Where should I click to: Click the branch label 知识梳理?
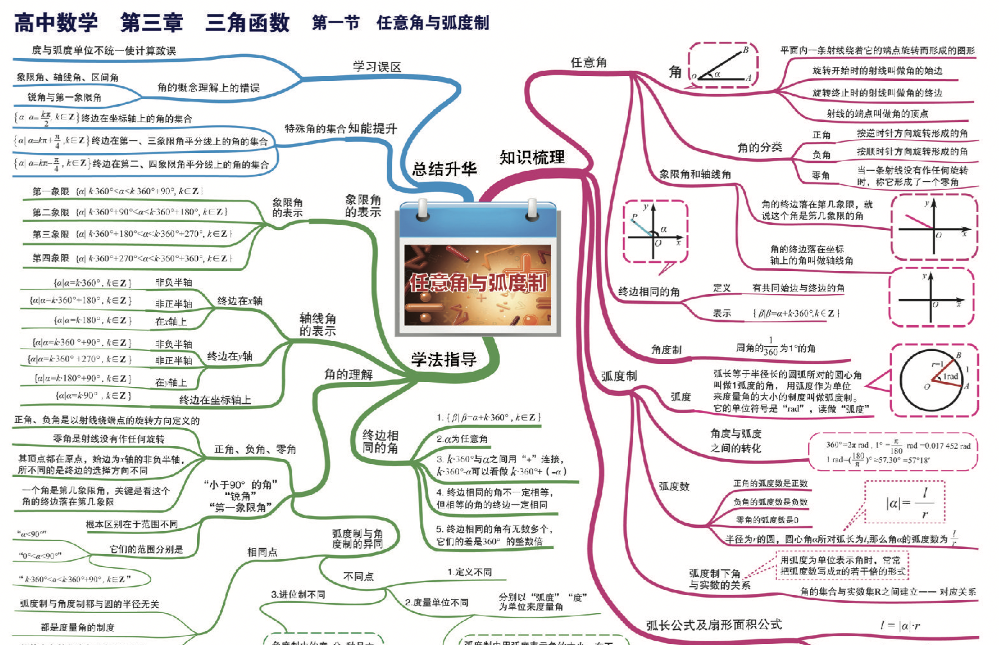[532, 157]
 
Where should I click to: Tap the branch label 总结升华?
[444, 169]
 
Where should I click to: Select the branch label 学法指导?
[444, 359]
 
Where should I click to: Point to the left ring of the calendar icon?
[422, 209]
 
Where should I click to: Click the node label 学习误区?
[377, 67]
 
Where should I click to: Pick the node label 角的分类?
[759, 147]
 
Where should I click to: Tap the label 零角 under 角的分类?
[821, 175]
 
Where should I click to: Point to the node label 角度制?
[666, 350]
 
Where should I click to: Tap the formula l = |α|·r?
[900, 626]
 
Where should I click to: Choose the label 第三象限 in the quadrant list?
[51, 234]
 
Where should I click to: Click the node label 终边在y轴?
[230, 356]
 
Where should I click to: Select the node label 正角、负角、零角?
[255, 449]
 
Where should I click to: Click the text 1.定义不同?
[470, 572]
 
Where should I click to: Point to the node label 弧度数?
[674, 486]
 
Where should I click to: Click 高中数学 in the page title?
[56, 23]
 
